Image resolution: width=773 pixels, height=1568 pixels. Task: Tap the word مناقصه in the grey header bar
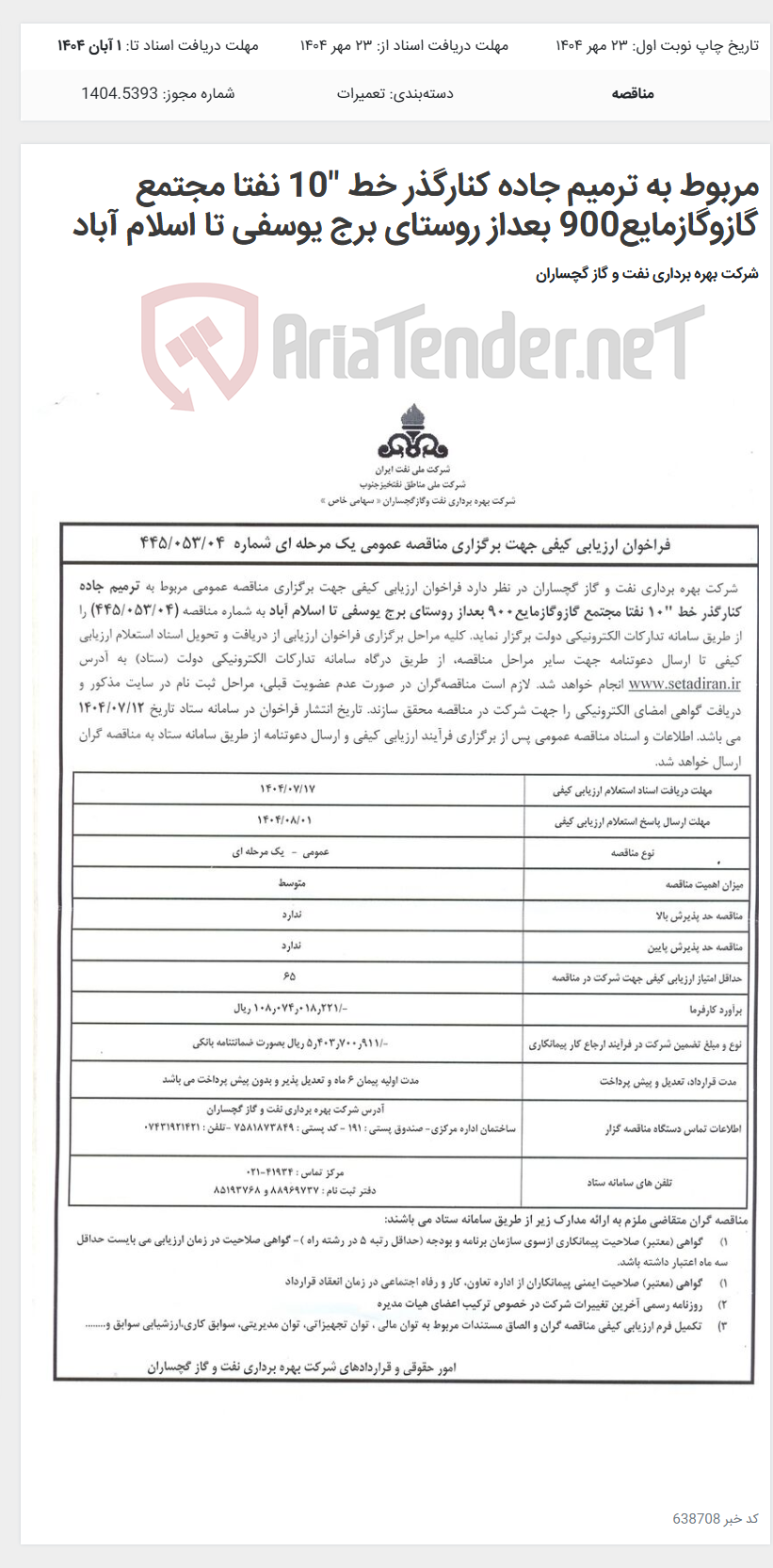click(632, 93)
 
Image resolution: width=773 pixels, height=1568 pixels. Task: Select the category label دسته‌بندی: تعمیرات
click(395, 93)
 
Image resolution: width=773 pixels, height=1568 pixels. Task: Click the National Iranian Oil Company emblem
click(412, 432)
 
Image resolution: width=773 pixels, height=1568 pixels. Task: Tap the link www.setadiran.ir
click(684, 685)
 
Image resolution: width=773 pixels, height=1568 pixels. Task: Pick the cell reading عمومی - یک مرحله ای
click(282, 851)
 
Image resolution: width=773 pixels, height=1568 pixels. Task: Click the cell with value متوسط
click(291, 883)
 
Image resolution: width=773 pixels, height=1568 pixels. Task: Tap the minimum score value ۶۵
click(289, 978)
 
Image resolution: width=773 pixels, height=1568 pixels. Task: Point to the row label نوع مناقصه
click(633, 852)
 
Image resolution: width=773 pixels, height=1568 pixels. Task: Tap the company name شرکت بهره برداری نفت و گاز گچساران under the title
click(647, 274)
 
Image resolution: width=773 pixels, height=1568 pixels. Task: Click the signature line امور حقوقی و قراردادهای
click(302, 1366)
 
